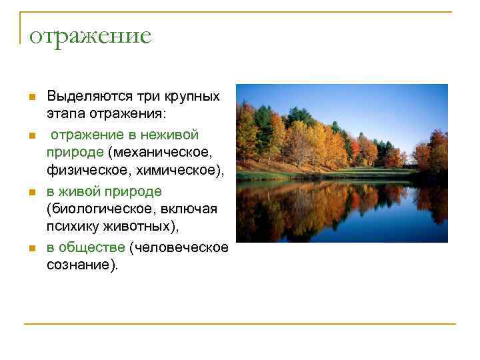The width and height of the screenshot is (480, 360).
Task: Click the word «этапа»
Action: [63, 115]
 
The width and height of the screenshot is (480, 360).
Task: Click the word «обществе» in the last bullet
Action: [91, 247]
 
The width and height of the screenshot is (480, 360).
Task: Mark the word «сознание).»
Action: [82, 265]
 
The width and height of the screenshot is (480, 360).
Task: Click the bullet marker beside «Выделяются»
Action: [31, 97]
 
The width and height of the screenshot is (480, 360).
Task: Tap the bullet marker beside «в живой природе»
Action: [31, 192]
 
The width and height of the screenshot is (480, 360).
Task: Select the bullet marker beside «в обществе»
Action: [31, 249]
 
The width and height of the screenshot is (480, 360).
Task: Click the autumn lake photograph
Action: [342, 163]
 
